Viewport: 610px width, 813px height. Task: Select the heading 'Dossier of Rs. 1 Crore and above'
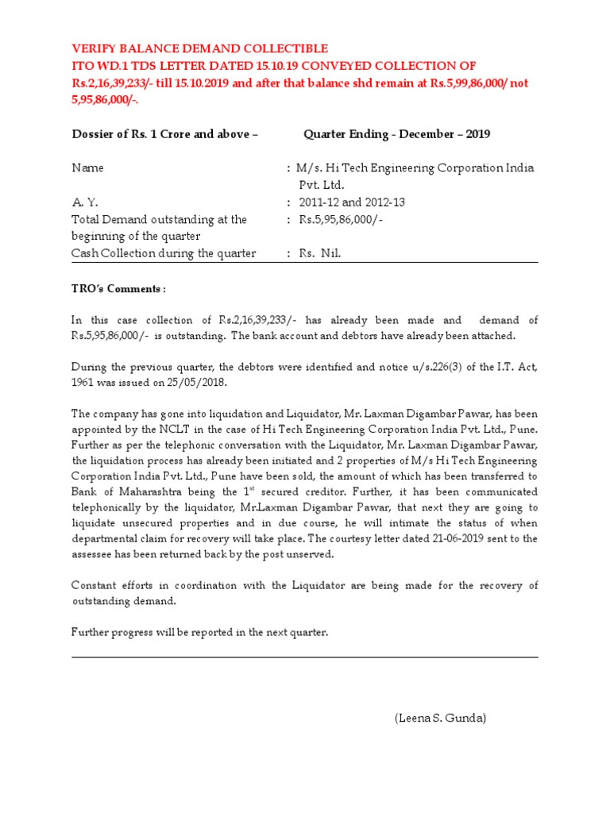coord(164,134)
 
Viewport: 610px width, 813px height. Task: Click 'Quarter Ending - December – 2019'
coord(396,134)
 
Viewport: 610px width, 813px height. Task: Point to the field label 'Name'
coord(87,168)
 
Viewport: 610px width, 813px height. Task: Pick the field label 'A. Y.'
coord(83,202)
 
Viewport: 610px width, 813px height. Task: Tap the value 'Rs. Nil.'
coord(320,253)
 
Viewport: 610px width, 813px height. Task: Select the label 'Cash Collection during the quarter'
coord(164,253)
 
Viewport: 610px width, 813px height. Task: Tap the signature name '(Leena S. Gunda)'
coord(440,719)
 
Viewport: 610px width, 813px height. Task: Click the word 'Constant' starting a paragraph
coord(94,585)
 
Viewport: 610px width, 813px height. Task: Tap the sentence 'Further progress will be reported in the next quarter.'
coord(199,632)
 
